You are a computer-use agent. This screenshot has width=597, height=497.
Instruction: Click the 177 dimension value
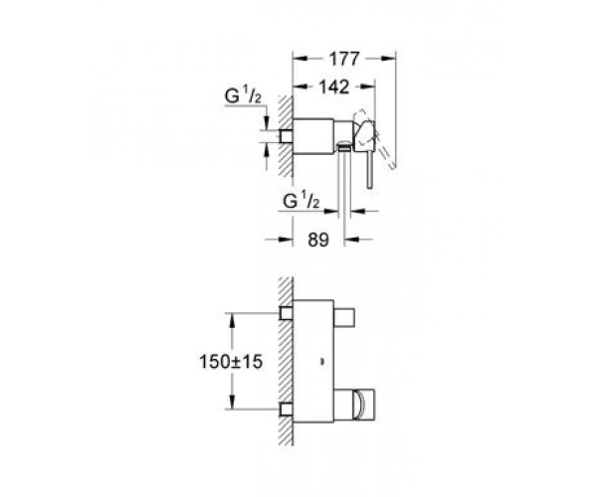point(344,59)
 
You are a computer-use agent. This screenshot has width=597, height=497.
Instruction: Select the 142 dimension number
point(334,87)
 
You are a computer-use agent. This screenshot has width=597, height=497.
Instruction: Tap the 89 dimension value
point(318,240)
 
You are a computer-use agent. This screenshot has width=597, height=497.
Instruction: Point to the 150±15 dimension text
point(231,361)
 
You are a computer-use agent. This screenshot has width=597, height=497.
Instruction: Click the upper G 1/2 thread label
point(243,96)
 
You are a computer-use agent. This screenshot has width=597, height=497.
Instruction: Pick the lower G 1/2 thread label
point(301,201)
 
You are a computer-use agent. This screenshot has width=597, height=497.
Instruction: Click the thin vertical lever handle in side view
point(369,170)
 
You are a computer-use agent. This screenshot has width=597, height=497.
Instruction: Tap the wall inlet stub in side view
point(287,136)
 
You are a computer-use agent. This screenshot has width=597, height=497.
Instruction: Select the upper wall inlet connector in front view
point(287,314)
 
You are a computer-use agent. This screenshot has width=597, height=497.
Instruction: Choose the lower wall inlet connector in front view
point(287,410)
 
